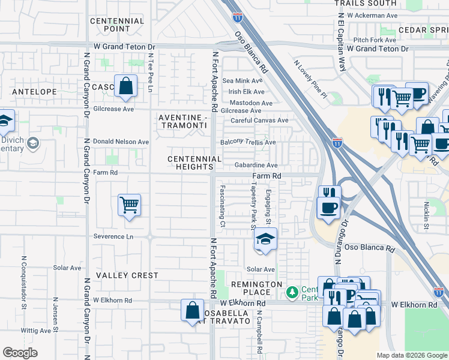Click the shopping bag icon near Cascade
coord(126,86)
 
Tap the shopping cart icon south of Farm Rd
coord(129,206)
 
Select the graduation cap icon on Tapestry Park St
coord(265,239)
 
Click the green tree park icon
coord(292,293)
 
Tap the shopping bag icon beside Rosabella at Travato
coord(192,310)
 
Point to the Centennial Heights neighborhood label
coord(191,162)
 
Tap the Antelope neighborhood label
coord(34,92)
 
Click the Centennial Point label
coord(117,25)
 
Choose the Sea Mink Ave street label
coord(243,81)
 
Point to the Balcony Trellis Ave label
coord(249,143)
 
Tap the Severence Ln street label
coord(113,236)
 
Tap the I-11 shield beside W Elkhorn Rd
coord(439,292)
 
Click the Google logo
coord(20,353)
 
